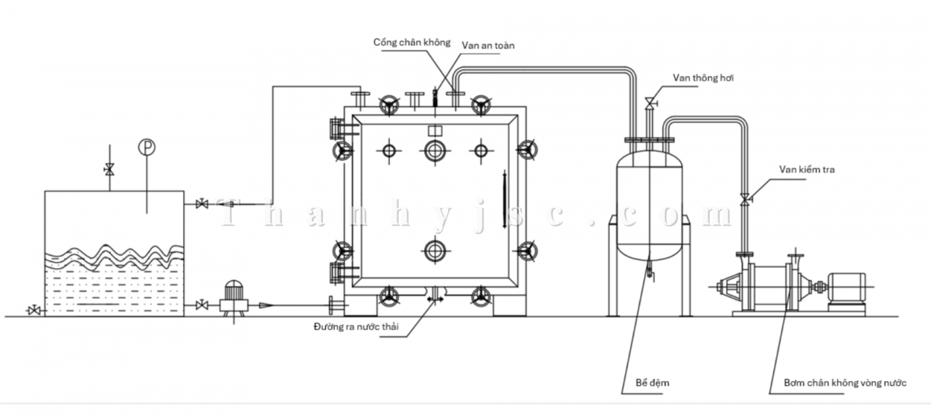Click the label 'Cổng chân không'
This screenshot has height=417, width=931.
click(x=411, y=42)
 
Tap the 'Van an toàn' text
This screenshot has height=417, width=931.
click(x=488, y=45)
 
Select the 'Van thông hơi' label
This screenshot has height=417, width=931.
click(x=703, y=78)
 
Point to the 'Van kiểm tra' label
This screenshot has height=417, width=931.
click(x=806, y=169)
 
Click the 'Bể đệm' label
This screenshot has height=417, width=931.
click(x=652, y=383)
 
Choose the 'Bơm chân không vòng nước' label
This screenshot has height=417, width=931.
click(x=844, y=383)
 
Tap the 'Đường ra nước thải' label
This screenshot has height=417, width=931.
click(x=356, y=326)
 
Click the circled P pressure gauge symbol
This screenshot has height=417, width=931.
click(x=147, y=148)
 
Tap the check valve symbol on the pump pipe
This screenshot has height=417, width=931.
click(x=744, y=199)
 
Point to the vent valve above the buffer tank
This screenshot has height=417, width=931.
click(x=649, y=104)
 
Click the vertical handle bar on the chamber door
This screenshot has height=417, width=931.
click(x=504, y=194)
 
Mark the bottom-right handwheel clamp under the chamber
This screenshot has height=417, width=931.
click(x=481, y=296)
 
